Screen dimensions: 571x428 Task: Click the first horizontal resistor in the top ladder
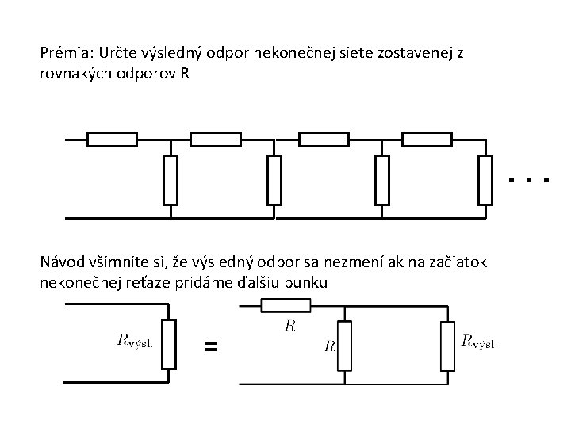[112, 139]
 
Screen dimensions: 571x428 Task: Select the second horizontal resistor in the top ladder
[216, 139]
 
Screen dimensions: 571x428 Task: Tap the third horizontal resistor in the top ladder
[323, 139]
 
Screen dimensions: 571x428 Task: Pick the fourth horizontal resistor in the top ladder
[426, 139]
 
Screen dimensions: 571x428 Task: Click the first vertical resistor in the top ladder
[169, 180]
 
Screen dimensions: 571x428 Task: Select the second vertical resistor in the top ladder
[274, 180]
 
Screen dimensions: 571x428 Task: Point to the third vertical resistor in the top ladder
[382, 180]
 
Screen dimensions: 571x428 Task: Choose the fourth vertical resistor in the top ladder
[485, 180]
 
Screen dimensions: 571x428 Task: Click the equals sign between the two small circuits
[210, 346]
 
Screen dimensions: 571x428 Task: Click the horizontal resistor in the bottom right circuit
[285, 306]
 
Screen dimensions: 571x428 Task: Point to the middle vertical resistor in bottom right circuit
[343, 346]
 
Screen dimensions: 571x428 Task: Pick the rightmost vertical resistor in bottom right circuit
[447, 346]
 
